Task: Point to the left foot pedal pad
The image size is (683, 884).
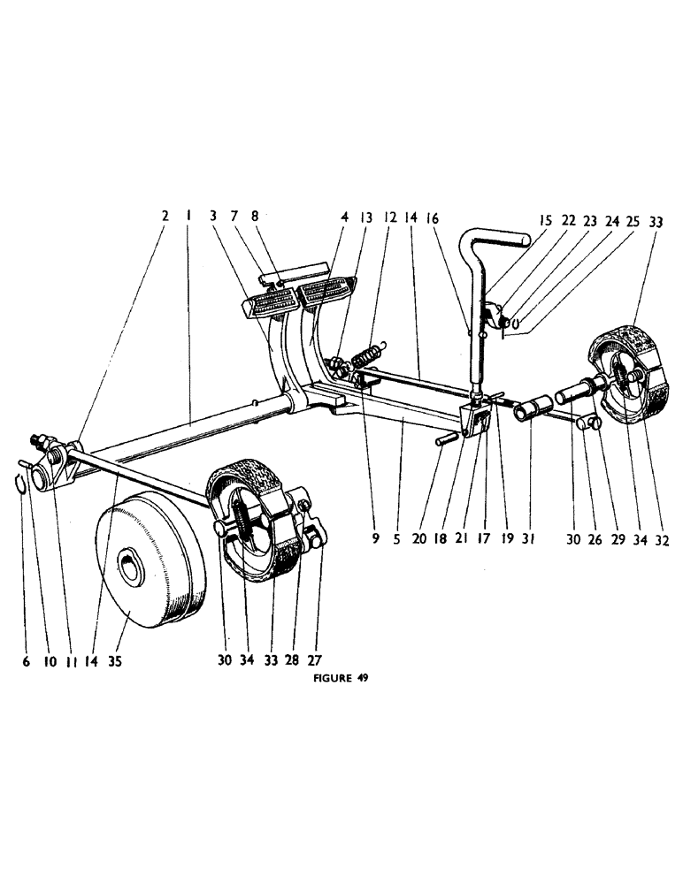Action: (x=265, y=304)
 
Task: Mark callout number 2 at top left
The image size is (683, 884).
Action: (x=165, y=216)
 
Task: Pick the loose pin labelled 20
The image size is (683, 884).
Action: (x=444, y=438)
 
